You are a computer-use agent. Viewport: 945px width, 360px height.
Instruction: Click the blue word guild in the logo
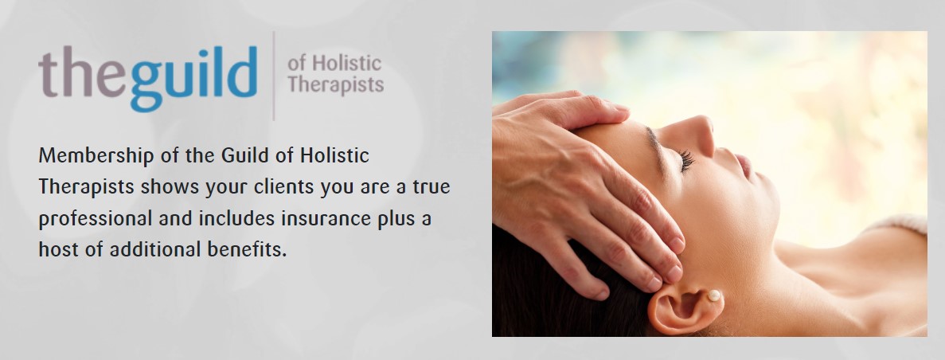point(193,78)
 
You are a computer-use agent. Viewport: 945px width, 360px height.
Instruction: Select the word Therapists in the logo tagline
point(335,84)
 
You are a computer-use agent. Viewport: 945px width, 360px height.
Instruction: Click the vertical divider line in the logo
point(274,76)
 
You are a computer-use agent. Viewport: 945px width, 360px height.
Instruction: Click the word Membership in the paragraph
point(96,155)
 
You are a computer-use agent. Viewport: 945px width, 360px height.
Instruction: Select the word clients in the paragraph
point(284,186)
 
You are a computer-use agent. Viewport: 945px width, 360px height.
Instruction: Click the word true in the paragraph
point(431,187)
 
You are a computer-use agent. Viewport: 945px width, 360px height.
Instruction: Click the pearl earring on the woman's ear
point(714,295)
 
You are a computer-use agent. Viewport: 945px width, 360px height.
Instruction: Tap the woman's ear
point(683,305)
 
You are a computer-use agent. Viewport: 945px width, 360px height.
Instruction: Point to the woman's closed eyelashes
point(685,160)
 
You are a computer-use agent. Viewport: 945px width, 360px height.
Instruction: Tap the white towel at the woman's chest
point(900,224)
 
